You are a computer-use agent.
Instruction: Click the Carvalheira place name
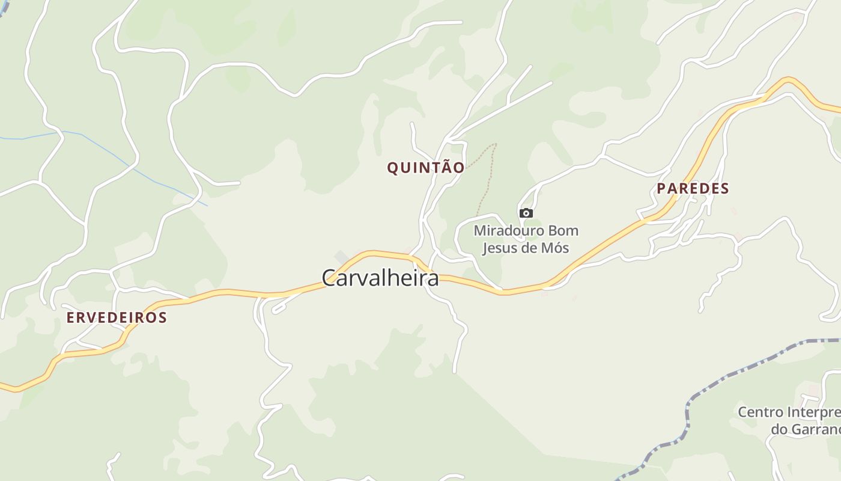click(x=380, y=278)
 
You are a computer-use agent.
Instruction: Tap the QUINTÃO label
click(x=425, y=168)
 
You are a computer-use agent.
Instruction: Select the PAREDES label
click(x=693, y=188)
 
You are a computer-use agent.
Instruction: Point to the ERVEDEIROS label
click(x=117, y=317)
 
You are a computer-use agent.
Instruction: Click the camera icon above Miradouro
click(x=526, y=213)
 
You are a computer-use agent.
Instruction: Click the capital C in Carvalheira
click(x=328, y=278)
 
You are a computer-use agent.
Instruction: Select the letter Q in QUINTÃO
click(x=392, y=168)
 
